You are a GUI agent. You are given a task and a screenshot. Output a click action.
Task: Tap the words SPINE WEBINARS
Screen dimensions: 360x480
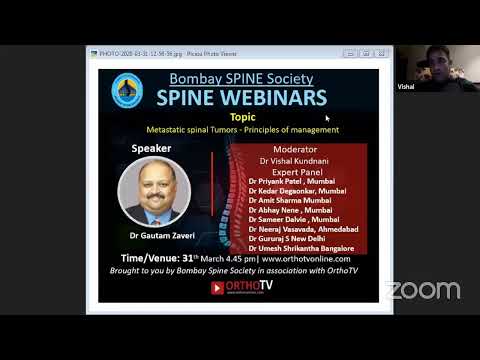click(x=241, y=97)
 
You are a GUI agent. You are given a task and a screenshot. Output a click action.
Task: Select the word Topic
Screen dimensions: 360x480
click(x=242, y=116)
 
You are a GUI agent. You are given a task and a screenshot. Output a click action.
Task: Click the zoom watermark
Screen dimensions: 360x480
click(x=423, y=291)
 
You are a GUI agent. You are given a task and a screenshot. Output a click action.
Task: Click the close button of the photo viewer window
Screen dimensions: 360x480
click(x=371, y=51)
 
